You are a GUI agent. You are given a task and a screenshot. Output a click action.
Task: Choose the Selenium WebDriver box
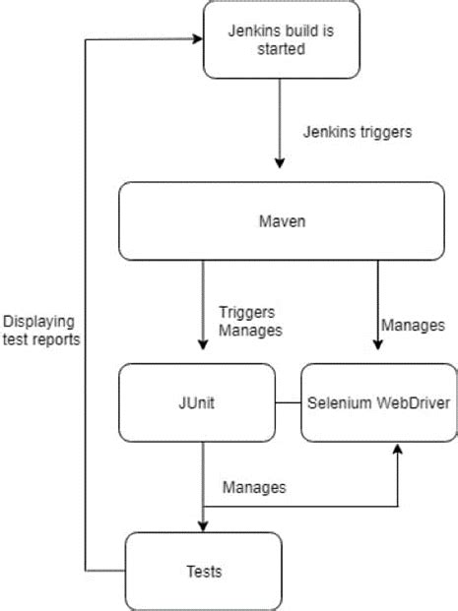pyautogui.click(x=378, y=402)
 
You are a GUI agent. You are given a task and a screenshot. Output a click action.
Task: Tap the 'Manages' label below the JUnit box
pyautogui.click(x=253, y=486)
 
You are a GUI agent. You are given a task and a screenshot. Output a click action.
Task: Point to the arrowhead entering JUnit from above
pyautogui.click(x=203, y=345)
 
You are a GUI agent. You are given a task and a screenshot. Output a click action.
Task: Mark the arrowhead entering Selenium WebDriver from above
pyautogui.click(x=376, y=345)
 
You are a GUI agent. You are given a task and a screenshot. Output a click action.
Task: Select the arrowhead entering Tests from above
pyautogui.click(x=203, y=524)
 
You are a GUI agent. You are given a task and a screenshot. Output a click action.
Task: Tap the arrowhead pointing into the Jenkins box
pyautogui.click(x=195, y=40)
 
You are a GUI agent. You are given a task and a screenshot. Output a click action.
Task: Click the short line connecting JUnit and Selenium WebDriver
pyautogui.click(x=288, y=402)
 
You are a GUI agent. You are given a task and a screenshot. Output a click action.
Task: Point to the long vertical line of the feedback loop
pyautogui.click(x=87, y=305)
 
